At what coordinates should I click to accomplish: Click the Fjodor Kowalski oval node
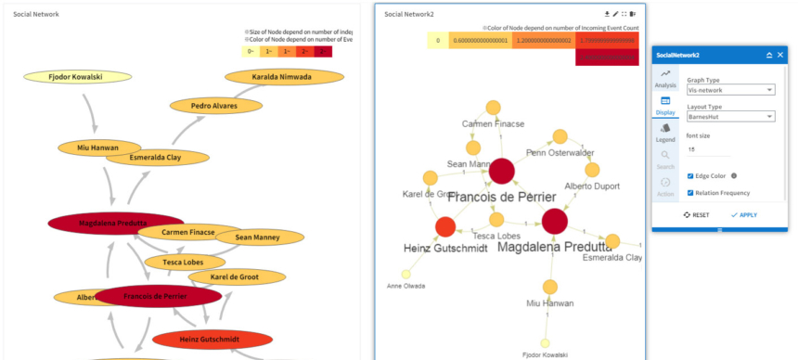(75, 76)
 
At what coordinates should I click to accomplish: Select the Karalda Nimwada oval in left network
(281, 77)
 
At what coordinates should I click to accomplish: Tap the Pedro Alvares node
(214, 106)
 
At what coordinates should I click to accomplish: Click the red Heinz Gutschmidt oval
(212, 341)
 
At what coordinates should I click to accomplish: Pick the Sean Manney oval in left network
(257, 238)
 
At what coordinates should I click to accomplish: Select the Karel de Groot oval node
(233, 276)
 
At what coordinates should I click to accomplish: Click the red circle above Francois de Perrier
(501, 171)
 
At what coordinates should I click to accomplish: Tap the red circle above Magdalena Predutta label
(554, 221)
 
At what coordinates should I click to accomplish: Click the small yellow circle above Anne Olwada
(405, 274)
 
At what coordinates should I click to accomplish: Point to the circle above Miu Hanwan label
(548, 287)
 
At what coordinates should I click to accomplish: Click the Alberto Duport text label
(591, 186)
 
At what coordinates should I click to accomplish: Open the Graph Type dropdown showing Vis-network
(730, 90)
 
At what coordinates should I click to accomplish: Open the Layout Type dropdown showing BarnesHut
(730, 117)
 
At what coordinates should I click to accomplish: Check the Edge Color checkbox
(690, 175)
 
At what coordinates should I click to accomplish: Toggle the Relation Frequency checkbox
(690, 193)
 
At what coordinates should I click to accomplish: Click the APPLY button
(743, 214)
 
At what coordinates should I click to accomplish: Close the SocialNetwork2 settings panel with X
(780, 56)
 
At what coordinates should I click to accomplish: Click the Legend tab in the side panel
(665, 133)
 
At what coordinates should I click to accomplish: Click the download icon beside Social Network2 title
(607, 14)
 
